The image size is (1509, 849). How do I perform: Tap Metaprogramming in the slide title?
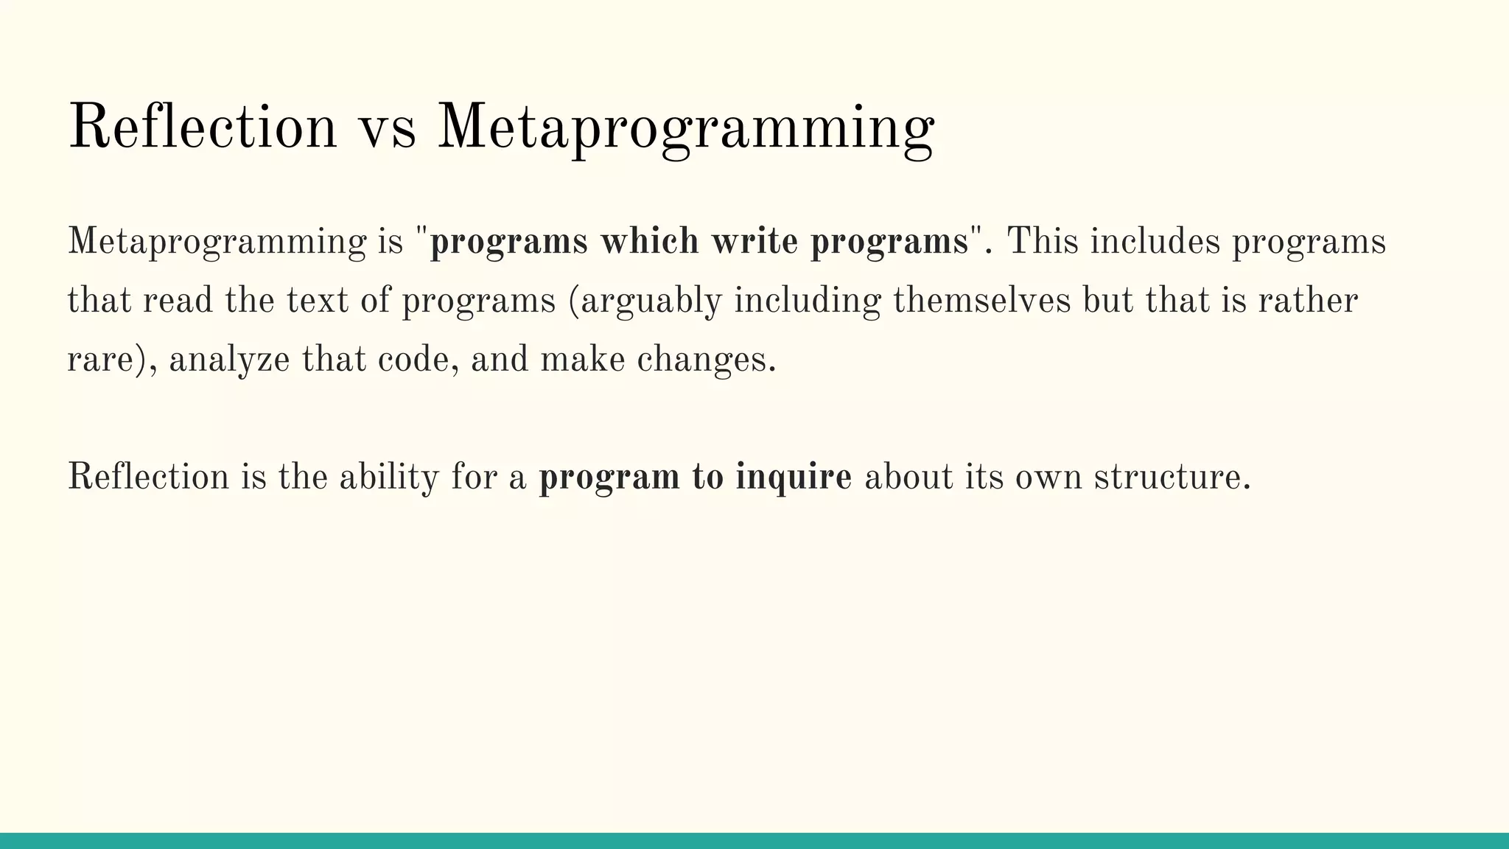tap(685, 129)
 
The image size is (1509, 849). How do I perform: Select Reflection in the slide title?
tap(202, 129)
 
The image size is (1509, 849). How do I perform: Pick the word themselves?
tap(981, 301)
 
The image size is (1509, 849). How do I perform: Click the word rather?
tap(1308, 301)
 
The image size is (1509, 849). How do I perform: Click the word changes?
tap(705, 360)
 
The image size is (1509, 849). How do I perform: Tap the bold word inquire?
tap(794, 478)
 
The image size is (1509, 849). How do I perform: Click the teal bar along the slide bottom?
tap(754, 841)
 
